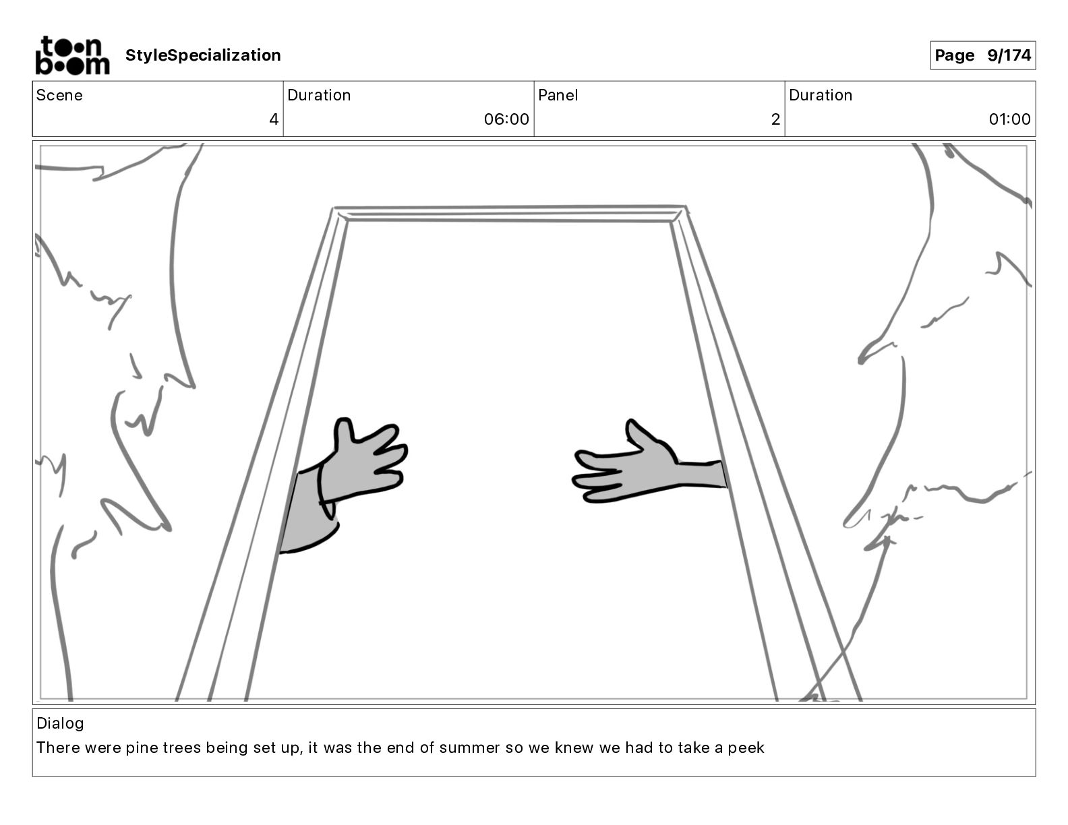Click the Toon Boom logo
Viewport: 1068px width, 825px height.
[72, 55]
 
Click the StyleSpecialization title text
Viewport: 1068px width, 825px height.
[203, 55]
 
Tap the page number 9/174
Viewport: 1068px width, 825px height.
[1009, 55]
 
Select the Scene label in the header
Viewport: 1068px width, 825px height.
[59, 95]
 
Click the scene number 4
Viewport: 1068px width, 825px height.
[274, 119]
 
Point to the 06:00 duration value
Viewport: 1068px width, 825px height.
[506, 119]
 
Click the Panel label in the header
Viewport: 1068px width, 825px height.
[558, 95]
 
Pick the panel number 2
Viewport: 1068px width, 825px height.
[775, 119]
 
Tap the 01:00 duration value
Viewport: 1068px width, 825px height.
[1009, 119]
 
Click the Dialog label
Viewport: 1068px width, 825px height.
[60, 723]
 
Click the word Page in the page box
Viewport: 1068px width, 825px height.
[954, 55]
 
